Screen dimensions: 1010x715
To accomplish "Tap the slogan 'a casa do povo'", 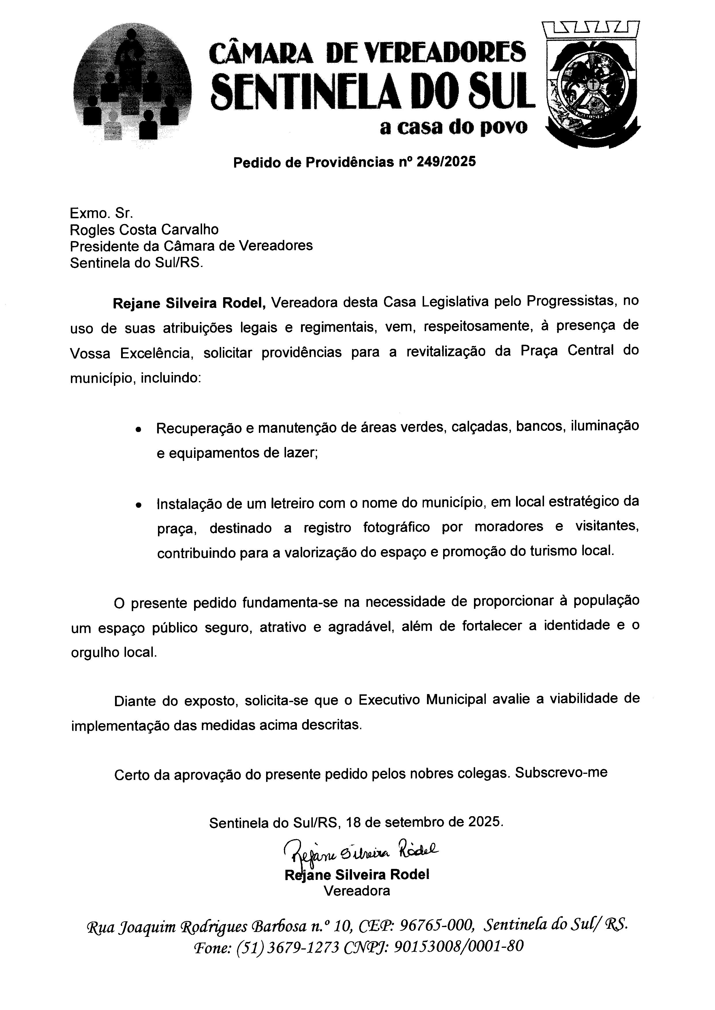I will [x=454, y=128].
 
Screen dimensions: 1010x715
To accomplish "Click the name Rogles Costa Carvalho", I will [x=144, y=230].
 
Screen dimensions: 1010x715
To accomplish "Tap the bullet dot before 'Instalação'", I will [x=139, y=505].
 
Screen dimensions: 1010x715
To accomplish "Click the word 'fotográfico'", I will [x=396, y=527].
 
